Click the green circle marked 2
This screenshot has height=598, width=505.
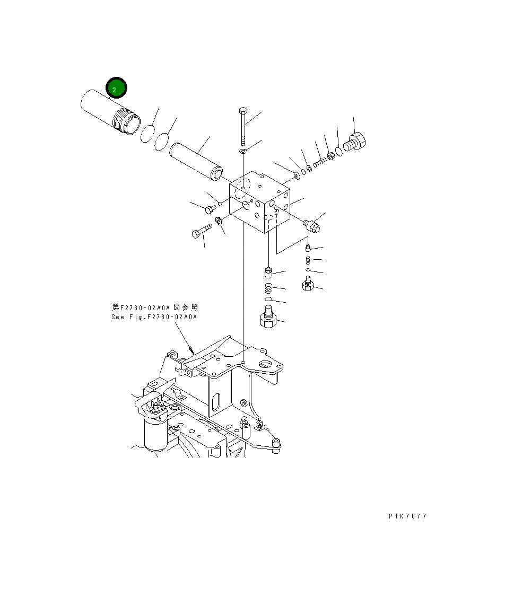pyautogui.click(x=116, y=88)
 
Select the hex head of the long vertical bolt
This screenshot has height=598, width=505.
pyautogui.click(x=242, y=111)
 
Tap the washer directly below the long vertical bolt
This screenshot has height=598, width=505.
pyautogui.click(x=242, y=152)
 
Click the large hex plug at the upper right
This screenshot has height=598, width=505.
pyautogui.click(x=356, y=142)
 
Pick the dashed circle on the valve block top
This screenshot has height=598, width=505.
pyautogui.click(x=242, y=188)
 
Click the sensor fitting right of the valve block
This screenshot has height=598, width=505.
pyautogui.click(x=312, y=226)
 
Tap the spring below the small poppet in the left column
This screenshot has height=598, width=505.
pyautogui.click(x=268, y=289)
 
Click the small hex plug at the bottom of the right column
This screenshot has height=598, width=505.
pyautogui.click(x=307, y=285)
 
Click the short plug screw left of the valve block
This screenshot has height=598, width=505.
pyautogui.click(x=210, y=208)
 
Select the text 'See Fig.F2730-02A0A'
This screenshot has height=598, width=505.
pyautogui.click(x=154, y=317)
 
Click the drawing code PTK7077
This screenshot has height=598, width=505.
pyautogui.click(x=407, y=516)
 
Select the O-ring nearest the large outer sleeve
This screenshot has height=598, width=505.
pyautogui.click(x=148, y=134)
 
